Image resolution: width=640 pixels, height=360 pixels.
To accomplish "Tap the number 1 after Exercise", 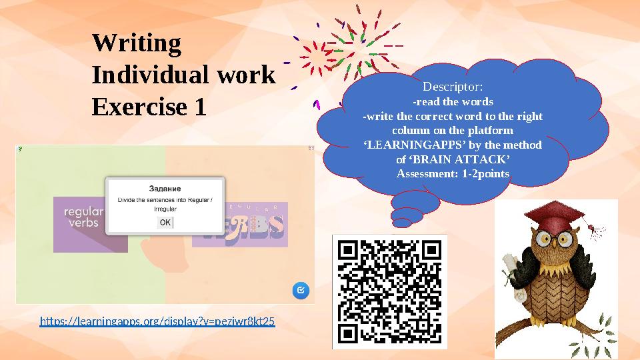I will click(199, 107).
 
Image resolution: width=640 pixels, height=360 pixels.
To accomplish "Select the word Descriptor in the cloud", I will click(450, 87).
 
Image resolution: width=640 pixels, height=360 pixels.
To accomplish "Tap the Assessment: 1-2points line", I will click(453, 174).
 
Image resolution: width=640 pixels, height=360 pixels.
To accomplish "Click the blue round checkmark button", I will click(301, 290).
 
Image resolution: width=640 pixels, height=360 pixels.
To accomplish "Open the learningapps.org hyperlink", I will click(157, 322).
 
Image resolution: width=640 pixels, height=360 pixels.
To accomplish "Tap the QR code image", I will click(389, 291).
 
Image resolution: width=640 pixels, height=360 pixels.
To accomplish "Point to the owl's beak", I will click(553, 247).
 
